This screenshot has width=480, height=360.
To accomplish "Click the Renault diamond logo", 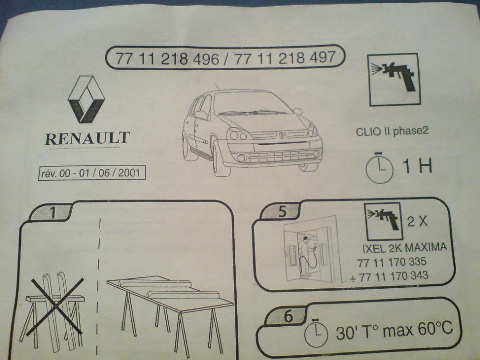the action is (x=86, y=99).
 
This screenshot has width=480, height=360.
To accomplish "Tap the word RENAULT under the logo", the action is (x=87, y=139).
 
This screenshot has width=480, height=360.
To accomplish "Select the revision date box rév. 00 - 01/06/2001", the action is (x=92, y=173).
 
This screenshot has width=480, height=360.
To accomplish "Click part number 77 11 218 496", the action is (x=167, y=58).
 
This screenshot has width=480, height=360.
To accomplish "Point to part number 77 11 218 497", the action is (x=285, y=57).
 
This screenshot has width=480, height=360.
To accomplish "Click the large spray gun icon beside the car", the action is (x=394, y=79).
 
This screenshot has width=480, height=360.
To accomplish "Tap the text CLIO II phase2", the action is (x=392, y=131).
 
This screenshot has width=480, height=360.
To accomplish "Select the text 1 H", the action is (x=417, y=166).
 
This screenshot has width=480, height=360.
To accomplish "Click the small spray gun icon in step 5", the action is (x=383, y=221).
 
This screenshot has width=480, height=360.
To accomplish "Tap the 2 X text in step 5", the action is (x=417, y=221).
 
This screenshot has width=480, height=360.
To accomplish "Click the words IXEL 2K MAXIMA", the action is (x=404, y=247).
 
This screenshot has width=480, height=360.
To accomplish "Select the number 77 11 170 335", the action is (x=392, y=262).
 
